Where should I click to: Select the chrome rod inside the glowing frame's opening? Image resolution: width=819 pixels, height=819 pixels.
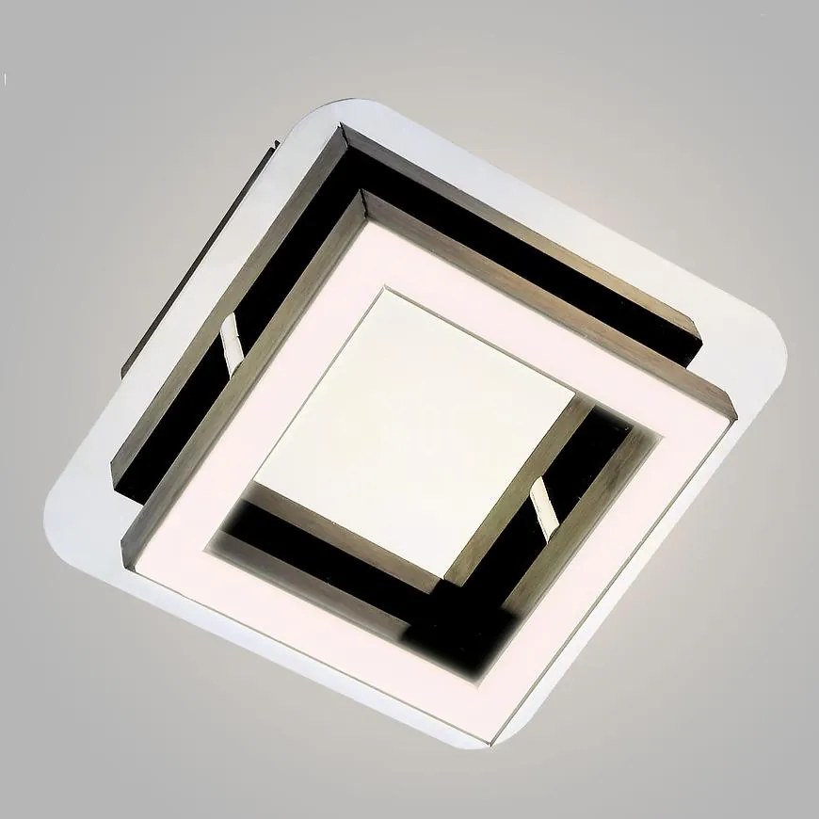click(542, 505)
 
